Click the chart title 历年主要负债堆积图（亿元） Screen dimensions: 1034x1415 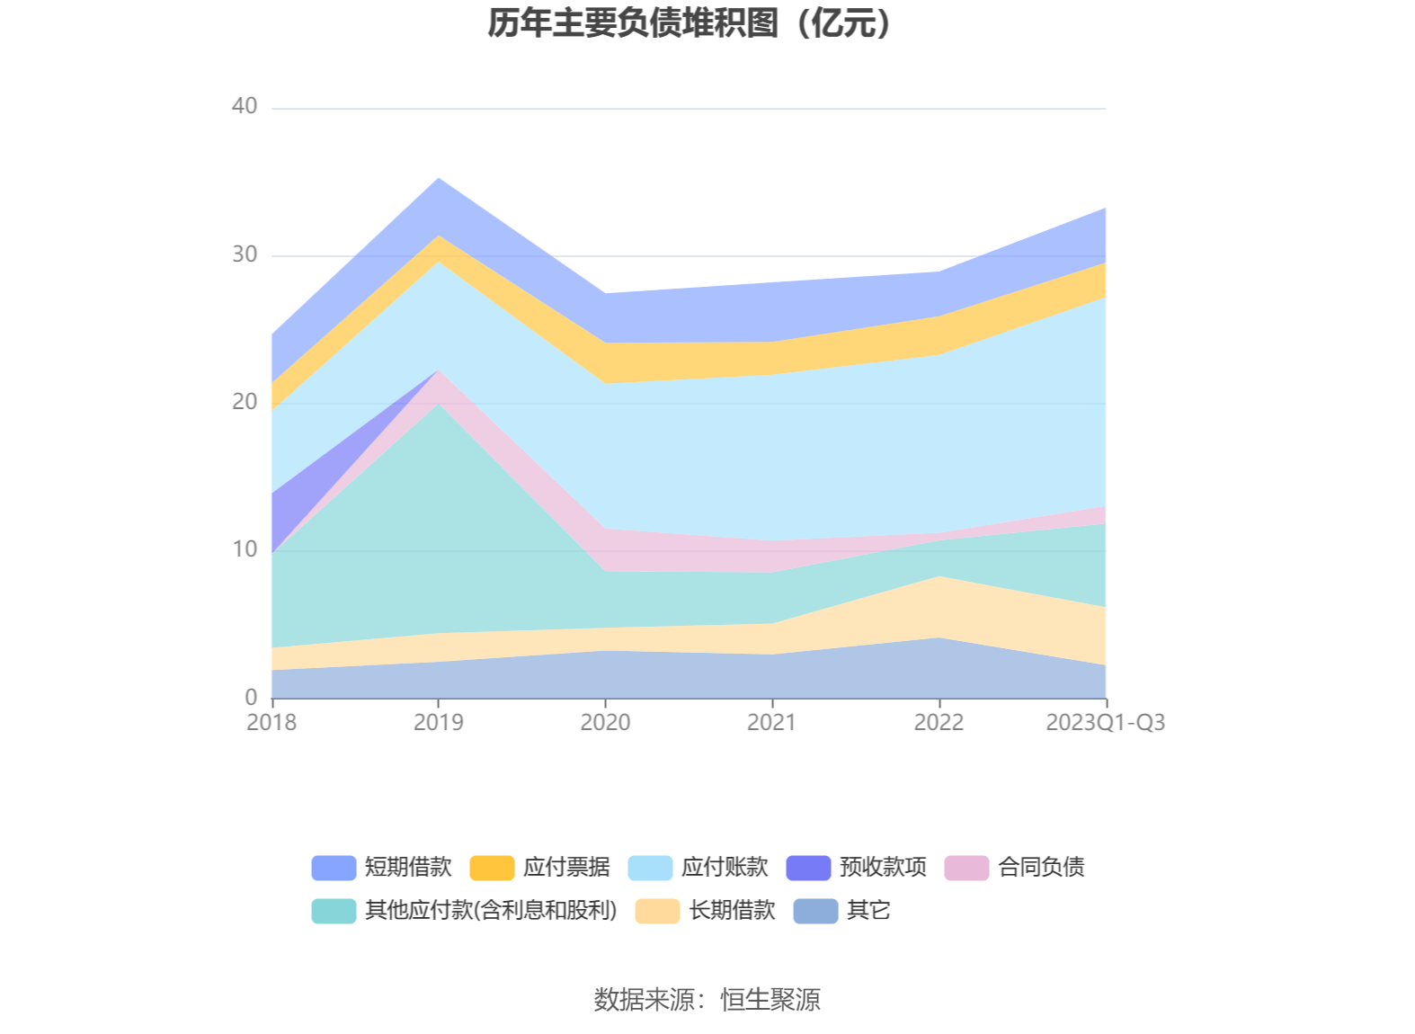pos(690,23)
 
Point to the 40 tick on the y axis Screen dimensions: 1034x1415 pos(245,107)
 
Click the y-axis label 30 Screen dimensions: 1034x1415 pos(245,254)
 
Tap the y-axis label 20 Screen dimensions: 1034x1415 pos(245,402)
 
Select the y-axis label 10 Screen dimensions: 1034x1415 pos(245,549)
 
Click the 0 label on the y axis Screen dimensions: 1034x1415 pos(251,697)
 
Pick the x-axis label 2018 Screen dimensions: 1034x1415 pos(271,723)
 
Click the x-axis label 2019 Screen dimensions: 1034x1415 pos(439,723)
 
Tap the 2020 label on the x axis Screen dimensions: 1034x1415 pos(605,723)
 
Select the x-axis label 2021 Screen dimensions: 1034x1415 pos(772,723)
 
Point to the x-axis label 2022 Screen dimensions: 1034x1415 pos(939,723)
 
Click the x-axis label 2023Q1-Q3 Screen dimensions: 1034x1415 pos(1105,723)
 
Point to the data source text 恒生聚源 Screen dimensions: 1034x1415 pos(770,1000)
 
